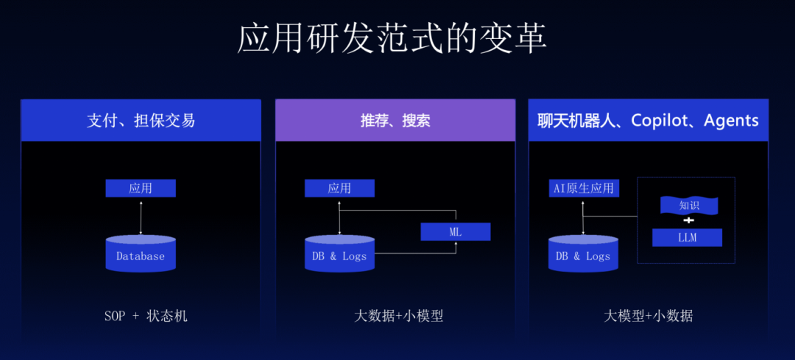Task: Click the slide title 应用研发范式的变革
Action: [392, 38]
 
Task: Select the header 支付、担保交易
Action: [141, 121]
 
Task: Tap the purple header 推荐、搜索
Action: [395, 121]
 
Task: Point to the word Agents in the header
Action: [731, 121]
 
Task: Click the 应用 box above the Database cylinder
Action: [141, 188]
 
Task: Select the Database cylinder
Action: [141, 255]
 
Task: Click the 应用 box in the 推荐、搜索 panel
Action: [339, 188]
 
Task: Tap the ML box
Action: [455, 232]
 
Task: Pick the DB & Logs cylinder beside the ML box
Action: [339, 255]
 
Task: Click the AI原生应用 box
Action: [584, 188]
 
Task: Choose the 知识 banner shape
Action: [688, 205]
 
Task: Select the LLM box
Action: [687, 238]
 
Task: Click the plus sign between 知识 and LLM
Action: [688, 221]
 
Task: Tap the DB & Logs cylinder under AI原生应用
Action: [583, 255]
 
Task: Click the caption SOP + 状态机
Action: [146, 317]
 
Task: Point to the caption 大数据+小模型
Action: [398, 317]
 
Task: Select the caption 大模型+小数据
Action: [648, 317]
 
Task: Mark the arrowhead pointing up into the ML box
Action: [456, 244]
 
